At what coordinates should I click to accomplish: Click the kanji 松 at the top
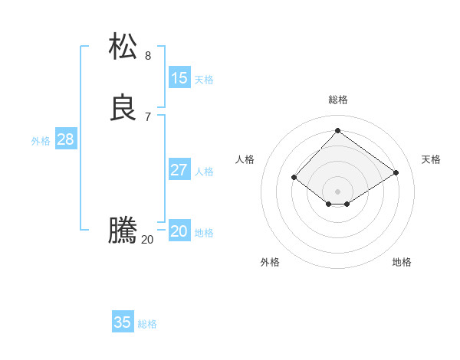coord(123,46)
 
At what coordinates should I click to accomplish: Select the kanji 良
coord(123,107)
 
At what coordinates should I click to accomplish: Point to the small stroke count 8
coord(148,55)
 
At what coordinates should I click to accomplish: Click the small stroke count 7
coord(148,116)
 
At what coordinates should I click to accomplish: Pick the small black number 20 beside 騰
coord(147,239)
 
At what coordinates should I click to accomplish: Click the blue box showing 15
coord(179,78)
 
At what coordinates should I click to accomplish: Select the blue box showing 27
coord(179,170)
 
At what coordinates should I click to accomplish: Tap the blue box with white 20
coord(179,231)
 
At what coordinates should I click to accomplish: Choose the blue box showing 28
coord(65,139)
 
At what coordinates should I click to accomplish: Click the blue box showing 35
coord(123,322)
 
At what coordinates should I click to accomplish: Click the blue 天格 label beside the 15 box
coord(204,80)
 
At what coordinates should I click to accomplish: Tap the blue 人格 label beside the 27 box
coord(204,172)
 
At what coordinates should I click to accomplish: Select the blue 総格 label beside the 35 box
coord(147,324)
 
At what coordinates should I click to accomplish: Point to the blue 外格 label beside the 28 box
coord(41,141)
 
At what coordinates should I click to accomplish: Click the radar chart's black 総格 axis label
coord(338,100)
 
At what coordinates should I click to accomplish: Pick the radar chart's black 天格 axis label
coord(431,159)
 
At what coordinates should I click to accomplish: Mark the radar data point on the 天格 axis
coord(396,172)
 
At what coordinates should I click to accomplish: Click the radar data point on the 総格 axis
coord(337,131)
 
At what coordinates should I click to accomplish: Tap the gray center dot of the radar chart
coord(337,191)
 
